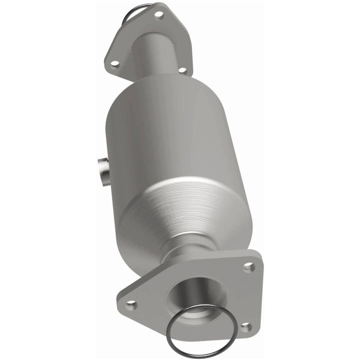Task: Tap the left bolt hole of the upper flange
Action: point(114,63)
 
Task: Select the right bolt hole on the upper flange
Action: point(182,70)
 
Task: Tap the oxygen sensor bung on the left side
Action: point(103,171)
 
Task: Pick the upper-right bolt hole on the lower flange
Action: point(248,267)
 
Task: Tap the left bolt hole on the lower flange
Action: point(130,303)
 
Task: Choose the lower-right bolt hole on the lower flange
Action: point(244,327)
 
